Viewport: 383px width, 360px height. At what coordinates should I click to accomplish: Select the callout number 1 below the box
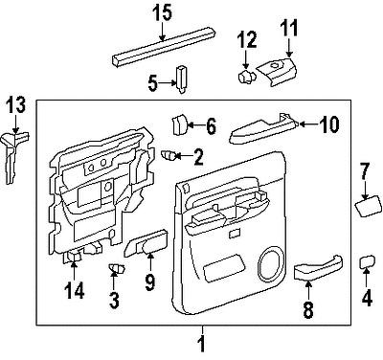coord(201,342)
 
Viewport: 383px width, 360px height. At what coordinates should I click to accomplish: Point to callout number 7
coord(364,171)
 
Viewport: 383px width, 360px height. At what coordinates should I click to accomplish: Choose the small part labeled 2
coord(169,154)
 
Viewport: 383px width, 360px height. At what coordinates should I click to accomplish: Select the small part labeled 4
coord(366,261)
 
